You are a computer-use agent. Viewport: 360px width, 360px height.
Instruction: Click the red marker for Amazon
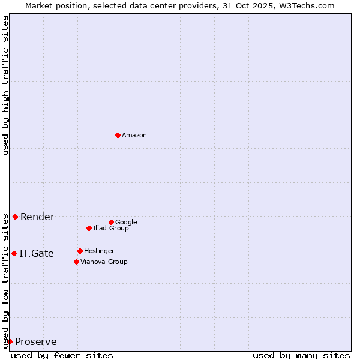[118, 135]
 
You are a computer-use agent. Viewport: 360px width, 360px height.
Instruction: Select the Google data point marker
[111, 222]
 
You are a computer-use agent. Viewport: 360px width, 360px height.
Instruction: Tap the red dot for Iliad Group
[89, 228]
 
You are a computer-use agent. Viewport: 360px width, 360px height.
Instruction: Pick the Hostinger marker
[80, 251]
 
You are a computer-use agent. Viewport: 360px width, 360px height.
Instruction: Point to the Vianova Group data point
[76, 262]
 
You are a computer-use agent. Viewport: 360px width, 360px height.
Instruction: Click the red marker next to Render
[15, 217]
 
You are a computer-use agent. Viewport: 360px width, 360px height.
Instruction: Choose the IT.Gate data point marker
[14, 253]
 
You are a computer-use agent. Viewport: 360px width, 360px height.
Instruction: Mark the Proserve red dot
[10, 341]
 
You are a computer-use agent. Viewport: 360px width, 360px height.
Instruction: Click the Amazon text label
[134, 136]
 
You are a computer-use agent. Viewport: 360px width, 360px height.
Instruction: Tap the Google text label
[126, 223]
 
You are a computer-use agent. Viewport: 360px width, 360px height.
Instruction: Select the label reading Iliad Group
[111, 229]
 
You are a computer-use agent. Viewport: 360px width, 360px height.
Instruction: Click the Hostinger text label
[99, 251]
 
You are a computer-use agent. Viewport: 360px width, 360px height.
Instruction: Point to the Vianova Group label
[104, 262]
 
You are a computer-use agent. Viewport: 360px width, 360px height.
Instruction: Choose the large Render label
[37, 217]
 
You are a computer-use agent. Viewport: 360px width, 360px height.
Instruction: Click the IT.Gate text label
[37, 254]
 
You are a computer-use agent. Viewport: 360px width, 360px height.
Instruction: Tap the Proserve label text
[36, 342]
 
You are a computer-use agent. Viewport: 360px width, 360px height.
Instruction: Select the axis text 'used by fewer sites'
[62, 355]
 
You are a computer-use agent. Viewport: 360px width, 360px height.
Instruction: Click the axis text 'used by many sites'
[301, 355]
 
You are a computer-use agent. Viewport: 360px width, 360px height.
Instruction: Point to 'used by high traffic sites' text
[5, 85]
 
